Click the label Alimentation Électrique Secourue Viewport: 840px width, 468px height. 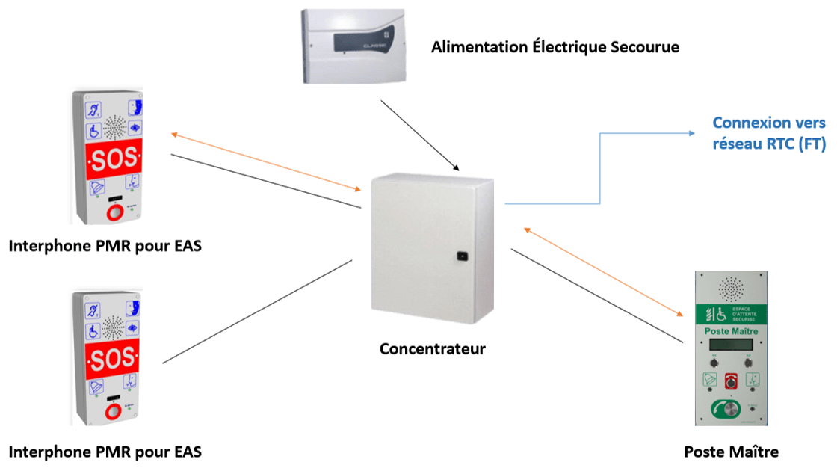click(555, 47)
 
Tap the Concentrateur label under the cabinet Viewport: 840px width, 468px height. click(432, 348)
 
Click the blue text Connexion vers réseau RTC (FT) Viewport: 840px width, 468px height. click(768, 133)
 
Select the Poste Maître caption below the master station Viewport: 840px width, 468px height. click(731, 452)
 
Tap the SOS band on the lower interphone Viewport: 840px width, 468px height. click(114, 360)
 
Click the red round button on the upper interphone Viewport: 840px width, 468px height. click(114, 212)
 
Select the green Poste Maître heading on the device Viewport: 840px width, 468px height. click(731, 330)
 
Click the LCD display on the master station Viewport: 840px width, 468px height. click(731, 345)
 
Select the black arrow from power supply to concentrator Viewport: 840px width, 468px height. click(421, 134)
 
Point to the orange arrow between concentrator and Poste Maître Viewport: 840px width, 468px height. click(605, 272)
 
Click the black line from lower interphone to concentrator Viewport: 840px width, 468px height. click(258, 311)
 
